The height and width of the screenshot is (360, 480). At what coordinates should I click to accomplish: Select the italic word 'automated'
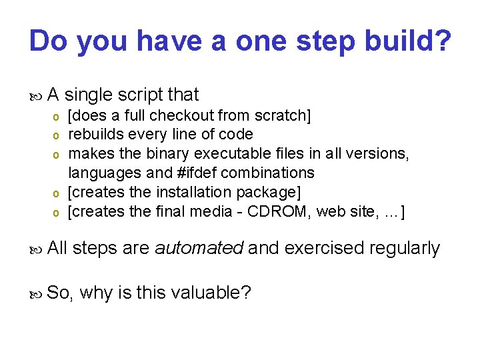[198, 249]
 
